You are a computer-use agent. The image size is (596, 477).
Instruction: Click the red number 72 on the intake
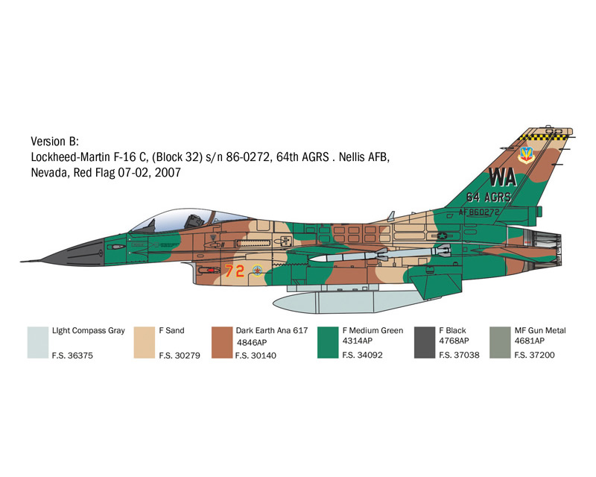(234, 271)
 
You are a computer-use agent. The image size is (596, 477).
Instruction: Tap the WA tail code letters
(502, 177)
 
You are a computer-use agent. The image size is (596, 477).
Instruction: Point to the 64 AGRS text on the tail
(489, 197)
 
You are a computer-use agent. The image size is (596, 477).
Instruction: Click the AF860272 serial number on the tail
(479, 212)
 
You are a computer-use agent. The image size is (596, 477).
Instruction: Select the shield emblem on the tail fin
(527, 155)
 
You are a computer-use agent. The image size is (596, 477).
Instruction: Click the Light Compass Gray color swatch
(38, 342)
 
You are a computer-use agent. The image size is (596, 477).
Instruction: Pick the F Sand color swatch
(145, 342)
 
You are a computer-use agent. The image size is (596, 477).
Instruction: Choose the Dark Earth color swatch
(222, 342)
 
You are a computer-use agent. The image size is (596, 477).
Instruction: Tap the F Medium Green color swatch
(328, 342)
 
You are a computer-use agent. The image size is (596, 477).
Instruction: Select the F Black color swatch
(425, 342)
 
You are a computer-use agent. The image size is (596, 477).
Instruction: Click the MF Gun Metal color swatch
(500, 342)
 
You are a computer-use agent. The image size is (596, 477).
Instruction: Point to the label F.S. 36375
(72, 356)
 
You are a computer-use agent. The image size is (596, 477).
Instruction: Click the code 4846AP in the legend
(252, 342)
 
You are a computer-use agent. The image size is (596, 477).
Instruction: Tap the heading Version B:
(54, 142)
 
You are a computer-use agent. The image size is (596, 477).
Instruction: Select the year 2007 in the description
(168, 173)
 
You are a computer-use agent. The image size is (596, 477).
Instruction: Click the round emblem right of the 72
(257, 271)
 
